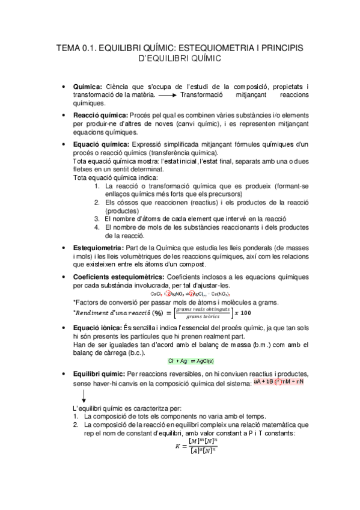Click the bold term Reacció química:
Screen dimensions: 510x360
100,115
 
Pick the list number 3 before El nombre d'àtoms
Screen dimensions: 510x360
97,219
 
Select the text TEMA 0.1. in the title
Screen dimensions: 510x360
75,47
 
